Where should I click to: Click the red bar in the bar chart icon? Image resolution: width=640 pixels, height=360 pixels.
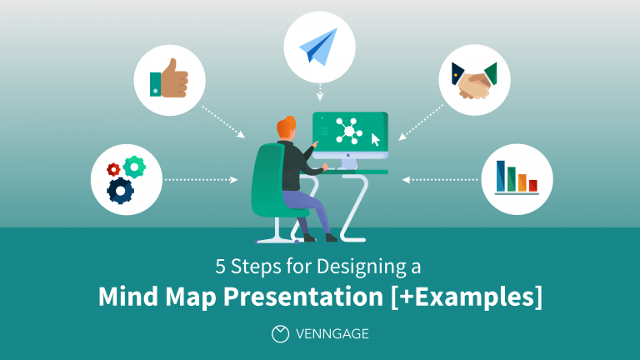tap(532, 184)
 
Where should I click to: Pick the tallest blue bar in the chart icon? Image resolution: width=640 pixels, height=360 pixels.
tap(502, 176)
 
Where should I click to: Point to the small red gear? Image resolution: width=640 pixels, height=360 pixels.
tap(113, 170)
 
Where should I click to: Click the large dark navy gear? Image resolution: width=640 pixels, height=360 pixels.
tap(122, 191)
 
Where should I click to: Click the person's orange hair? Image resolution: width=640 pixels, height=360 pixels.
tap(286, 127)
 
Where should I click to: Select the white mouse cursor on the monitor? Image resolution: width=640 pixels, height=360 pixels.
tap(375, 139)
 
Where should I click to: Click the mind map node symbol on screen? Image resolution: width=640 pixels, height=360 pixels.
tap(347, 131)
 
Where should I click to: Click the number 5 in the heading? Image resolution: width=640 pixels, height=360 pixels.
tap(221, 268)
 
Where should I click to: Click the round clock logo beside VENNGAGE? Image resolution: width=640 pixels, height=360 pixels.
tap(281, 333)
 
